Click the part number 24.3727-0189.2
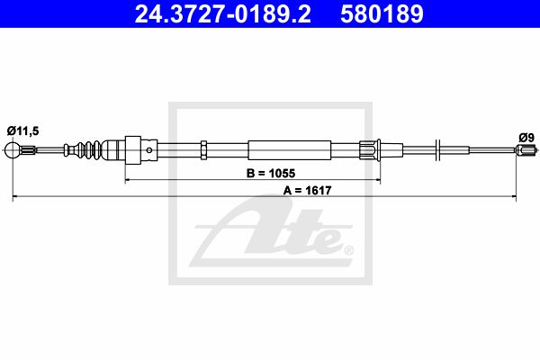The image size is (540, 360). (222, 13)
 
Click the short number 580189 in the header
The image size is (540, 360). (382, 13)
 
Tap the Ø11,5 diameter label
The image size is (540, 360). (22, 130)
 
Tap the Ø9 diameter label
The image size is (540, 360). (526, 138)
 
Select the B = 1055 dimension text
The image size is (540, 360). (271, 174)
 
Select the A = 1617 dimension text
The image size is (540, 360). (307, 190)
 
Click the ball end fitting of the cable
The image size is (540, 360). (13, 150)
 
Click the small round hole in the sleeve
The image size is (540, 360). (149, 150)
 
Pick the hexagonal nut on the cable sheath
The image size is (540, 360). (203, 150)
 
